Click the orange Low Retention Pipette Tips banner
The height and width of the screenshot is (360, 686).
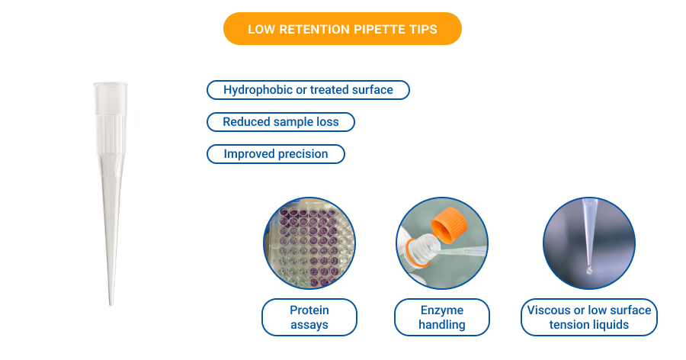click(x=342, y=29)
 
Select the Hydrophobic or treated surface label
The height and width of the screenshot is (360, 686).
click(x=308, y=90)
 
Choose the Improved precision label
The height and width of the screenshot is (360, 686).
click(x=275, y=154)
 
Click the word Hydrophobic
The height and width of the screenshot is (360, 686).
click(x=258, y=90)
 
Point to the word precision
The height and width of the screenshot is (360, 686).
click(x=303, y=154)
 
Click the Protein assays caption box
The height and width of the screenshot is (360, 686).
click(x=309, y=317)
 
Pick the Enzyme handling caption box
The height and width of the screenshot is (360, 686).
click(x=441, y=317)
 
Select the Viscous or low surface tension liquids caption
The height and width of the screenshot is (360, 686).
click(x=588, y=317)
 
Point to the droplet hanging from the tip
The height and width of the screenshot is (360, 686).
click(x=588, y=270)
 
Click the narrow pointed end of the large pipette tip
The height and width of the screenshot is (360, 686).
click(x=111, y=297)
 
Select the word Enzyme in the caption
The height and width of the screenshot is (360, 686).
click(x=441, y=310)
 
